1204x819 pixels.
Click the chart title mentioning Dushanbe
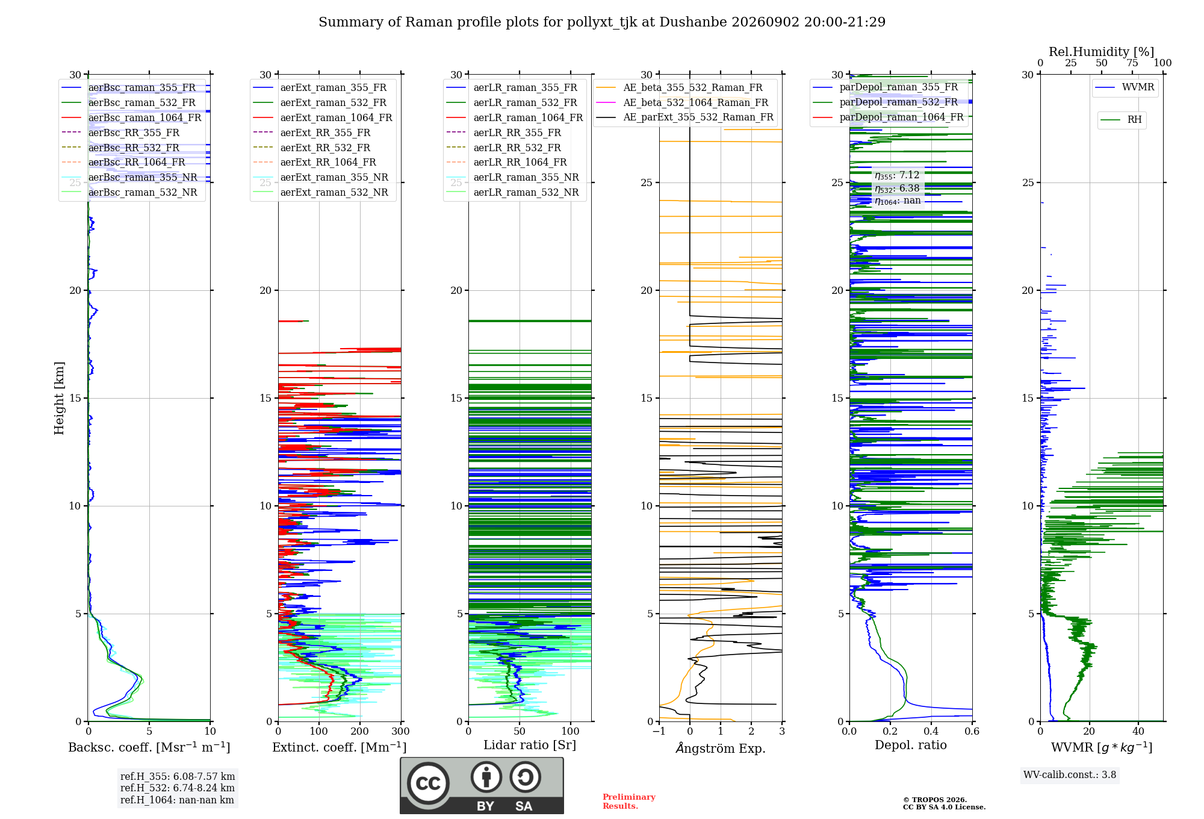[x=602, y=22]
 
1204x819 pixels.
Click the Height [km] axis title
[x=59, y=398]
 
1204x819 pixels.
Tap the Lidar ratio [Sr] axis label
[x=530, y=745]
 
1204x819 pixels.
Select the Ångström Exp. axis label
[x=721, y=748]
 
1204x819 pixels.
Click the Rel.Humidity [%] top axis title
[x=1102, y=52]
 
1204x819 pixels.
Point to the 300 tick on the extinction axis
[x=401, y=731]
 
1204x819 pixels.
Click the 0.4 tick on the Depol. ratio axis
[x=931, y=731]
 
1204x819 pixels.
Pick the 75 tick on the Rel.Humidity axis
[x=1132, y=63]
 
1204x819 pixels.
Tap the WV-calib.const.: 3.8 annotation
[x=1070, y=775]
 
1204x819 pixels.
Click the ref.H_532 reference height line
[x=178, y=788]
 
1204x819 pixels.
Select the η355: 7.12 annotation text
[x=897, y=175]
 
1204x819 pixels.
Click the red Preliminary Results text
[x=629, y=802]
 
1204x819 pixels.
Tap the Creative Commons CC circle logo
[x=428, y=783]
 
